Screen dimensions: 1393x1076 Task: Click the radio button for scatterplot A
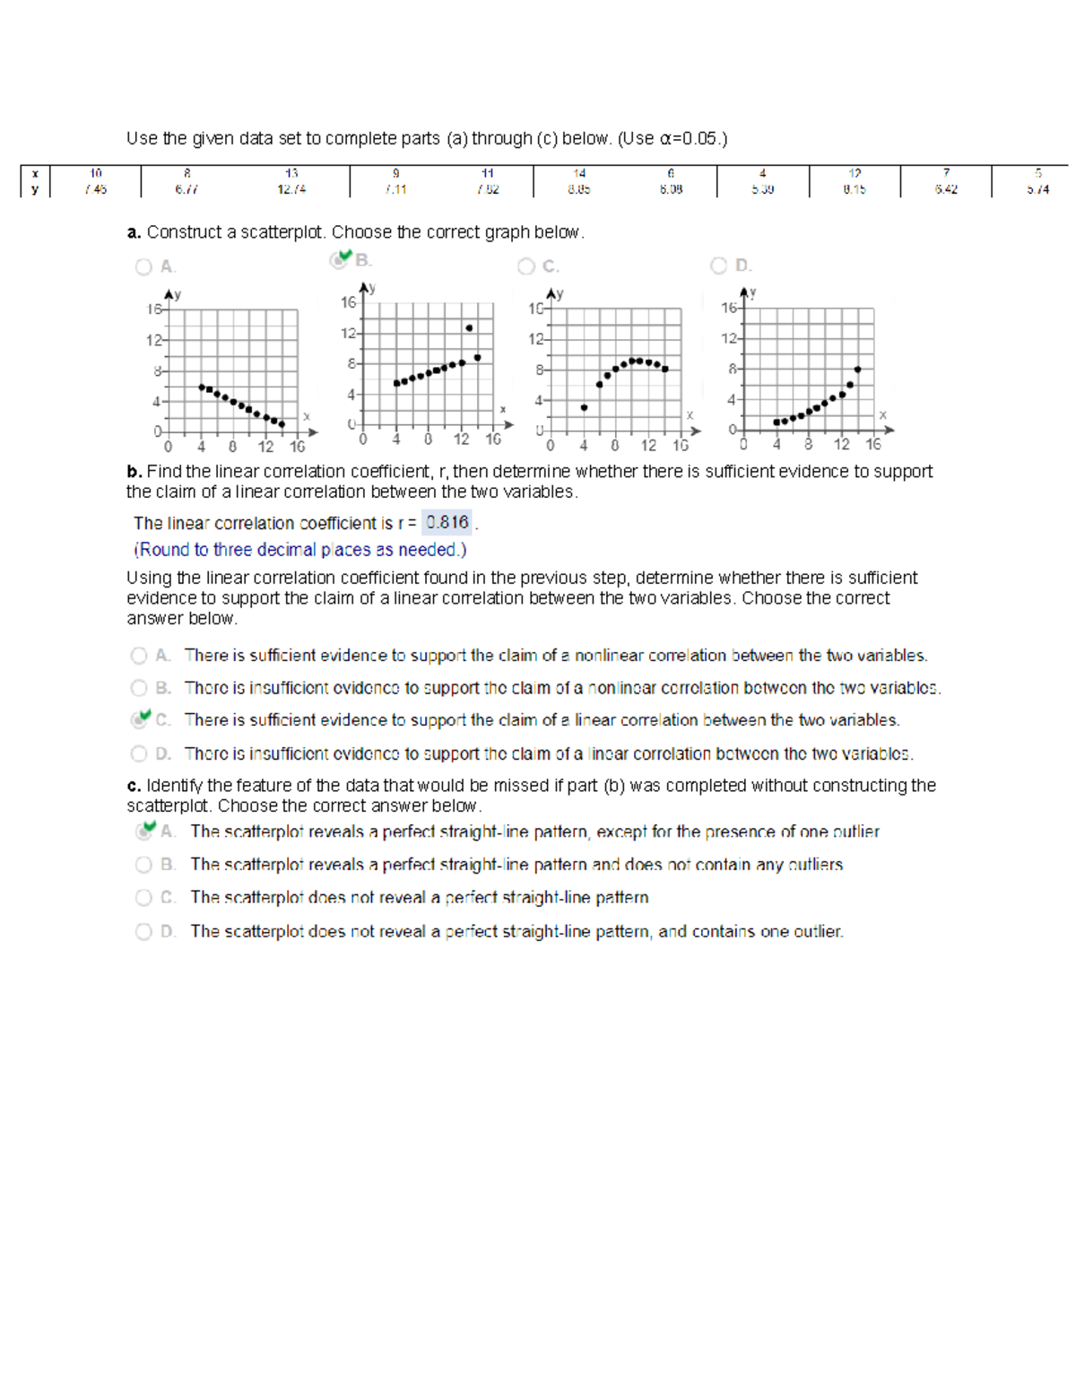click(143, 266)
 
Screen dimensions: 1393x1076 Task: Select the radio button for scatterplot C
click(526, 266)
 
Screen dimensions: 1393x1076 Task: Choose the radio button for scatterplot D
click(718, 266)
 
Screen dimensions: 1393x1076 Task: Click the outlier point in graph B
click(469, 328)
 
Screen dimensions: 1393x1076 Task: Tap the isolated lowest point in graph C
click(584, 407)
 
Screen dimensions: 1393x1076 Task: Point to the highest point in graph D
click(858, 370)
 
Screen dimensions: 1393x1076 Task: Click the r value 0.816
click(447, 523)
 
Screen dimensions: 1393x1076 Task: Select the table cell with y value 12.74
click(291, 189)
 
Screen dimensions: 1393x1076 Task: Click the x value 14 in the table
click(579, 173)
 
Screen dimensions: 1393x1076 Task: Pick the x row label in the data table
click(35, 173)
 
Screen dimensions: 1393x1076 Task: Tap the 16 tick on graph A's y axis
click(154, 309)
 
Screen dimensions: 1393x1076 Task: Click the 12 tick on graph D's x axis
click(841, 444)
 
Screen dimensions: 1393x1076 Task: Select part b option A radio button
click(139, 656)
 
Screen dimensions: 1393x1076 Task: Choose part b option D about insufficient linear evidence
click(139, 753)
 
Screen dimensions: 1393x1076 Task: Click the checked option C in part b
click(140, 719)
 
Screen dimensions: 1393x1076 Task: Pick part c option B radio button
click(143, 865)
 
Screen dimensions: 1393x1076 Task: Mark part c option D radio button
click(143, 932)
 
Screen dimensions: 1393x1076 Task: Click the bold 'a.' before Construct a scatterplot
click(134, 232)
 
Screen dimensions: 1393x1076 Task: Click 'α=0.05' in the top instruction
click(690, 139)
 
